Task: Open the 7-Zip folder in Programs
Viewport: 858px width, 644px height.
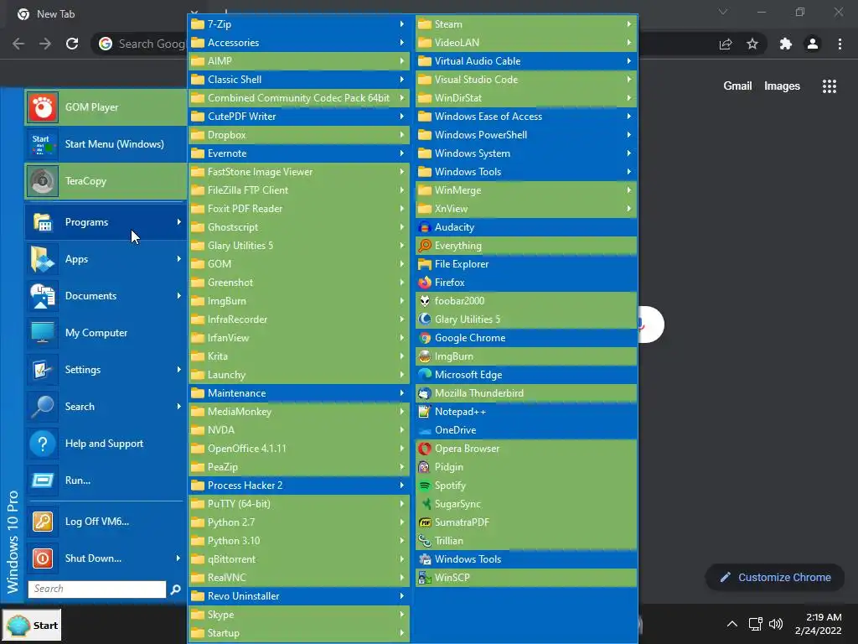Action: [220, 24]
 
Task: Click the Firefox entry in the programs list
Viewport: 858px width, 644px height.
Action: [449, 283]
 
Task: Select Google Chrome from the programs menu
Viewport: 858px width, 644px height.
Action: [469, 338]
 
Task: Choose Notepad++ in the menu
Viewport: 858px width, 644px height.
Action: [460, 412]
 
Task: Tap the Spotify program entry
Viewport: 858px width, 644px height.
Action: [450, 486]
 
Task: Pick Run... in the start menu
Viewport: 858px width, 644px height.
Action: [77, 480]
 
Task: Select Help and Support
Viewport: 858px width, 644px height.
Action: [104, 444]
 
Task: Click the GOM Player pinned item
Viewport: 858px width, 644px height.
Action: [91, 107]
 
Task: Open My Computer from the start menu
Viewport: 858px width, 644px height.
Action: [96, 333]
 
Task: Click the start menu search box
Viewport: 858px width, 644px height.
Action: [97, 589]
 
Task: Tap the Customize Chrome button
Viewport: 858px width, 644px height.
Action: [774, 577]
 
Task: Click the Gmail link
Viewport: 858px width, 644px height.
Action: [737, 86]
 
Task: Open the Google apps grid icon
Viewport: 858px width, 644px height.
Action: [830, 86]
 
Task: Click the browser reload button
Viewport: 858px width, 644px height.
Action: [72, 44]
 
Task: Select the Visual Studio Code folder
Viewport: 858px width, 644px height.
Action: [475, 80]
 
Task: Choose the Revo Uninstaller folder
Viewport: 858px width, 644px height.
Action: [243, 596]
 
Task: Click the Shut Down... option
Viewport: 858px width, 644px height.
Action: [93, 558]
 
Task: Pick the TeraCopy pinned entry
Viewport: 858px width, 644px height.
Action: [85, 181]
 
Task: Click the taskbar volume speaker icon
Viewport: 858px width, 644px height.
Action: [775, 625]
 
